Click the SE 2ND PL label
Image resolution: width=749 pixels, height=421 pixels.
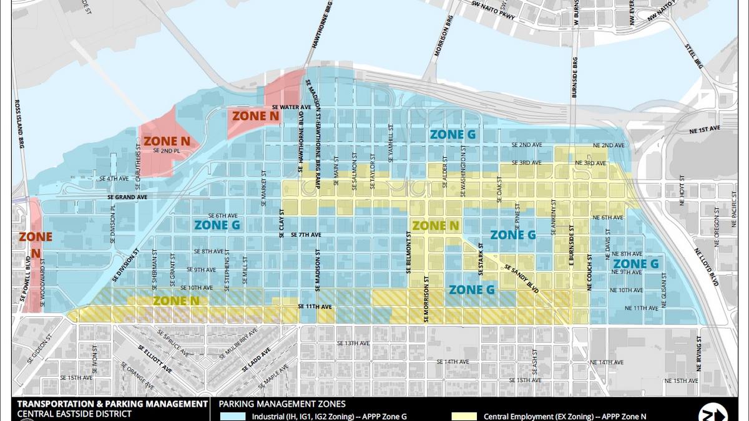[x=166, y=151]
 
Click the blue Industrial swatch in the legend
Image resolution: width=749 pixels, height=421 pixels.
[x=233, y=416]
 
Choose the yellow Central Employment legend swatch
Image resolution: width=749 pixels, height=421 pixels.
[x=463, y=416]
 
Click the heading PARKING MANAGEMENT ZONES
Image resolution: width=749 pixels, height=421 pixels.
[x=281, y=404]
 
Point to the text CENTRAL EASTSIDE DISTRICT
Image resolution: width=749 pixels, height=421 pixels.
[x=74, y=414]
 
